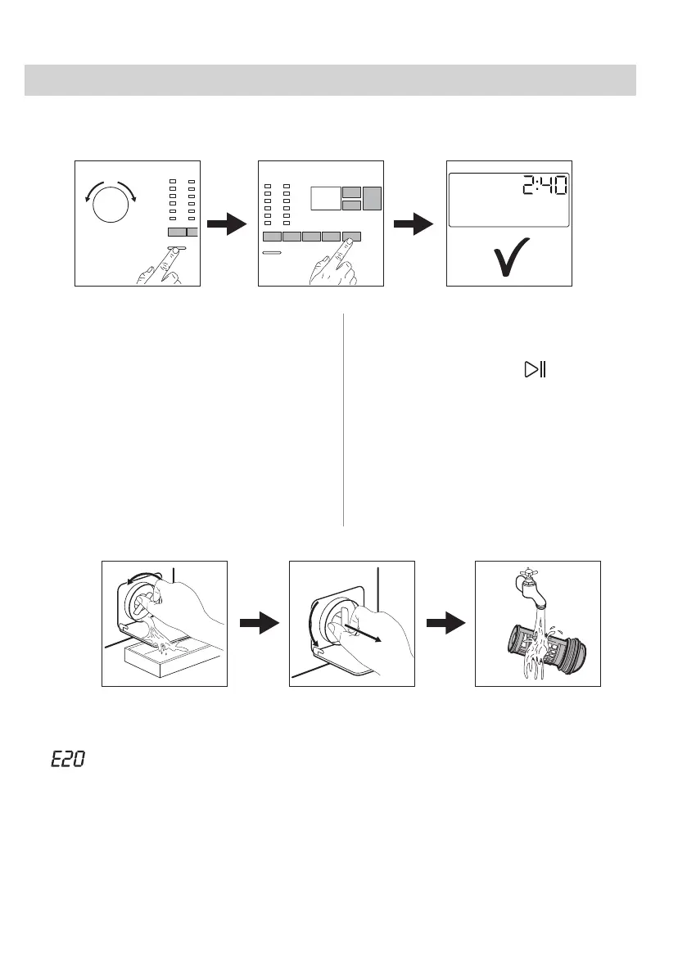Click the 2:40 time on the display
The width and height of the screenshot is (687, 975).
click(545, 189)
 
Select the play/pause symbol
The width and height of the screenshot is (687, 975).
click(535, 370)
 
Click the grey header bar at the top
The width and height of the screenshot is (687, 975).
click(330, 81)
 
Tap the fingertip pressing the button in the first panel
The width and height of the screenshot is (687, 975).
click(175, 249)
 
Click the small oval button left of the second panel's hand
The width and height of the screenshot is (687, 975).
click(271, 254)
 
